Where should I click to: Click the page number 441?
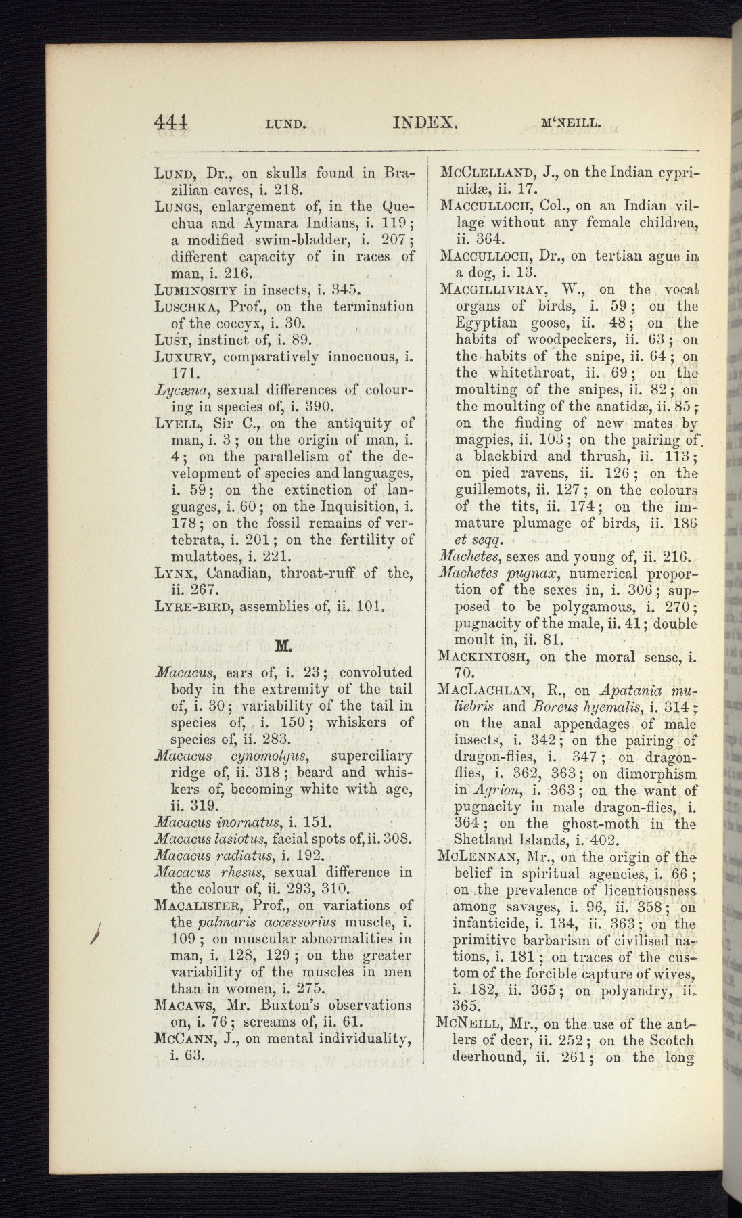171,122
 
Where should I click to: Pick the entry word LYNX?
174,573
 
